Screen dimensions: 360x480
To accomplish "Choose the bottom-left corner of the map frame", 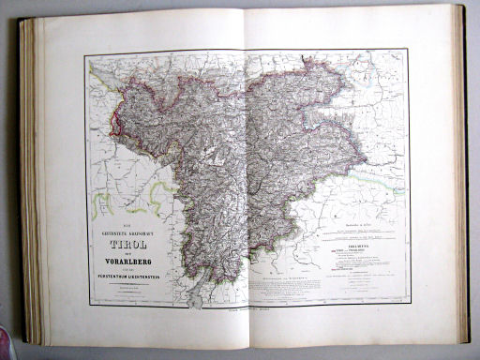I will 89,307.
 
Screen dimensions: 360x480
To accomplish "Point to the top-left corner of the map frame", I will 83,57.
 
